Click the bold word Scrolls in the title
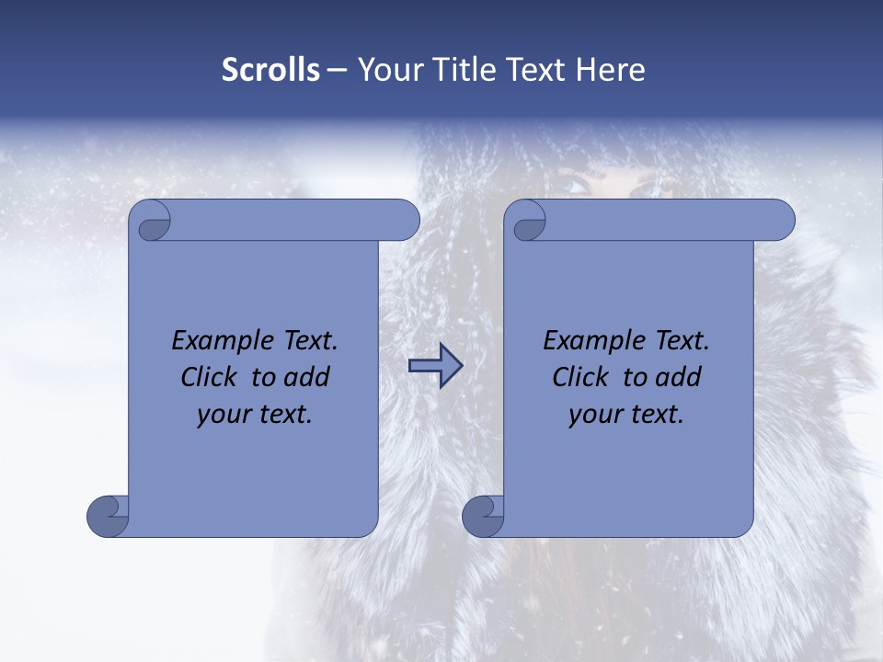tap(270, 70)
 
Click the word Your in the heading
tap(385, 70)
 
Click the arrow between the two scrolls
tap(435, 366)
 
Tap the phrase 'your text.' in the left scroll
tap(255, 415)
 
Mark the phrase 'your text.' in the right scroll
tap(626, 415)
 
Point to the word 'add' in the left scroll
tap(308, 377)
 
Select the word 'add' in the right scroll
tap(680, 377)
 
